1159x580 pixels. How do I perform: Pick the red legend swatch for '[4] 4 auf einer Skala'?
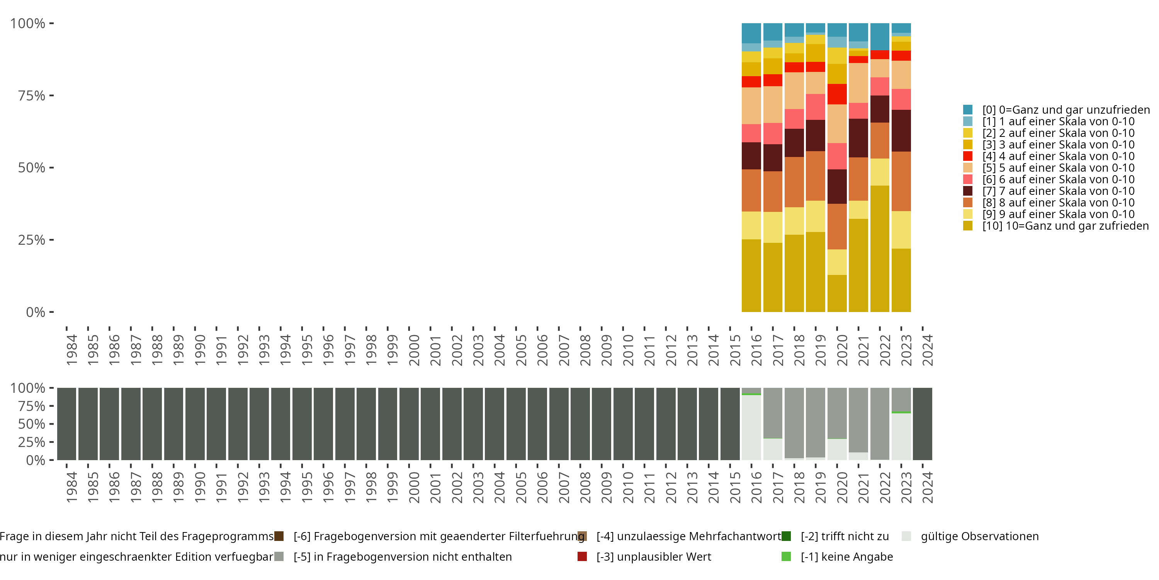[x=968, y=156]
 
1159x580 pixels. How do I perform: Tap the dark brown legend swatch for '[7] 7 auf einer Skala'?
[x=968, y=191]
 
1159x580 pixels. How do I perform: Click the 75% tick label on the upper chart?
[x=32, y=96]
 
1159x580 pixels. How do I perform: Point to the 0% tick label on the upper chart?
[x=36, y=312]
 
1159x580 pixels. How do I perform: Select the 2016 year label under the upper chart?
[x=756, y=350]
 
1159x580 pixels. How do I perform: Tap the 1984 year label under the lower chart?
[x=71, y=488]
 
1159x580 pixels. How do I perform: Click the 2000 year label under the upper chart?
[x=414, y=350]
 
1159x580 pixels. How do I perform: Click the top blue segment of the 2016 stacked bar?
[x=751, y=33]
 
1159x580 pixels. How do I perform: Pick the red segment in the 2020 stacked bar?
[x=837, y=94]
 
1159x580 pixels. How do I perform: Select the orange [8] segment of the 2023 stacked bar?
[x=901, y=181]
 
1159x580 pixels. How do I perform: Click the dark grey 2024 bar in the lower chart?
[x=922, y=424]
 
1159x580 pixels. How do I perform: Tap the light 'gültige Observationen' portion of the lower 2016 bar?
[x=751, y=427]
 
